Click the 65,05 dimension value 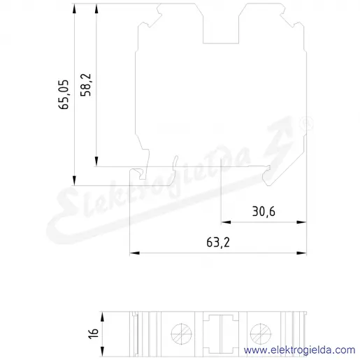pos(64,94)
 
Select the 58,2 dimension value pos(85,85)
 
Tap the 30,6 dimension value pos(264,212)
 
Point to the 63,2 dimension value pos(218,243)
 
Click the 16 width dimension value pos(94,333)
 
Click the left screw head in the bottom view pos(182,334)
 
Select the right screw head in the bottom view pos(261,334)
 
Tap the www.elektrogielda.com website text pos(299,350)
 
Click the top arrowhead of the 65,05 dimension pos(74,8)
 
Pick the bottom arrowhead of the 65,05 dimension pos(74,180)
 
